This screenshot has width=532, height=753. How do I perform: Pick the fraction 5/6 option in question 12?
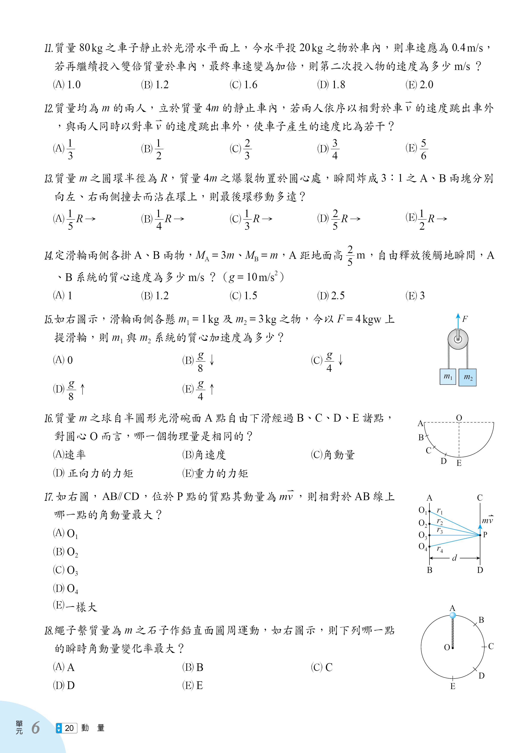417,149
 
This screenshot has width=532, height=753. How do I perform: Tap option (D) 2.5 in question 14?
331,296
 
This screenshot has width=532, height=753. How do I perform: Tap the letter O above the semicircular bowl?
459,418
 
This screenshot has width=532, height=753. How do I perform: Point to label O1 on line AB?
423,510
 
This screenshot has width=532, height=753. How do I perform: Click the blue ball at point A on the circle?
453,615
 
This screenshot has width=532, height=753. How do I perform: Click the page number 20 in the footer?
69,728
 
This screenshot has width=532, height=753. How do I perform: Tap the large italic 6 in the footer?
35,728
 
